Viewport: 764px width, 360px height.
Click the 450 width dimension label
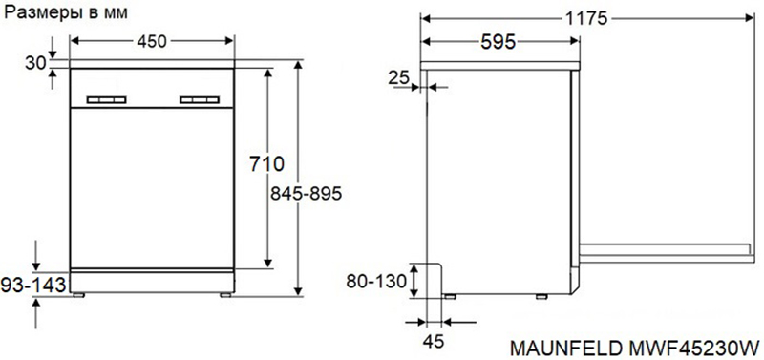(x=152, y=42)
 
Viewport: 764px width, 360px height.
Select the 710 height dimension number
(x=266, y=163)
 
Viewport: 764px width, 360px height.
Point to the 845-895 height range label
(x=306, y=194)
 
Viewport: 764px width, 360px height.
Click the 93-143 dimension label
(x=32, y=285)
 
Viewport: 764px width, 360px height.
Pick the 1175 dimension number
(x=587, y=18)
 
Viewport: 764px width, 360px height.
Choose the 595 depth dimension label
(x=498, y=42)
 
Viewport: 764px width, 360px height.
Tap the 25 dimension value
(x=399, y=78)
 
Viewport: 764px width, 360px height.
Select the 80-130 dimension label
(x=375, y=281)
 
